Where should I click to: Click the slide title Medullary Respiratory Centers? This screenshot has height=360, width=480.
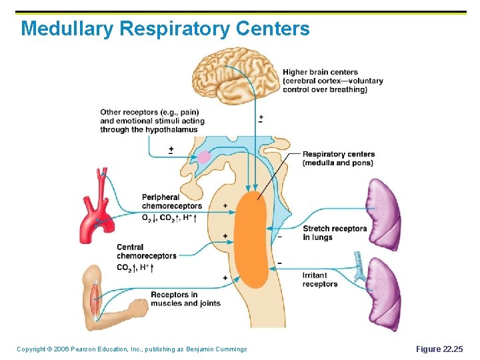165,29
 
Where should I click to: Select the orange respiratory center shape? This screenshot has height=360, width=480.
253,240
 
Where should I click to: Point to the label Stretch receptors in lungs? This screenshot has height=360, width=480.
335,233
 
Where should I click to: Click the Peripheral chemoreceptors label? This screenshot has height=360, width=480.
171,201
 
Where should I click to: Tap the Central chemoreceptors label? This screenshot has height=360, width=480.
147,251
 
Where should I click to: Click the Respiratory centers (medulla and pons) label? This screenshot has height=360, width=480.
338,158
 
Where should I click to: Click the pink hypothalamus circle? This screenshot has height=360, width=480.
203,157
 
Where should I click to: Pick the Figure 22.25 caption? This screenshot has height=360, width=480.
438,349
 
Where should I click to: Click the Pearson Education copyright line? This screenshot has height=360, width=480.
131,349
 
